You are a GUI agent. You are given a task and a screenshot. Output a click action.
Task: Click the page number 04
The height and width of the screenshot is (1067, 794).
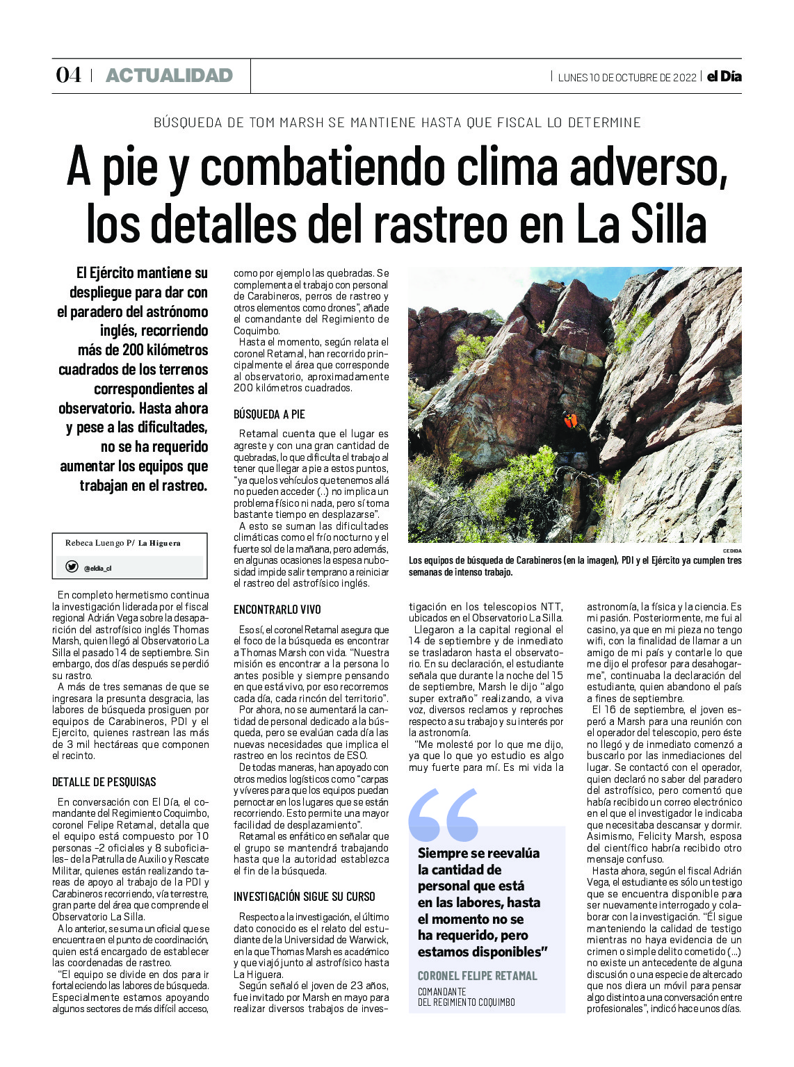click(x=68, y=75)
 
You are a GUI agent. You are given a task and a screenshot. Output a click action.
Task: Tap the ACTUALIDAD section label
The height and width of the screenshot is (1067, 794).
click(x=169, y=76)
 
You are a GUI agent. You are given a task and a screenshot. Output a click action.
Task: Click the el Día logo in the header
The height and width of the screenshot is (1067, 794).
click(x=724, y=76)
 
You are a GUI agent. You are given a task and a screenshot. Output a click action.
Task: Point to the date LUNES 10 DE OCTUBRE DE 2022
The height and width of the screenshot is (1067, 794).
click(x=626, y=77)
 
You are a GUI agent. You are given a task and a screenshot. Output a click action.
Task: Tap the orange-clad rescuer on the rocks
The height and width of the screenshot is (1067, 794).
click(x=571, y=420)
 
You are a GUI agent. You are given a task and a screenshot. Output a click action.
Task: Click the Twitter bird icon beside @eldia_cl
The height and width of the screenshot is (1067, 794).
click(x=71, y=567)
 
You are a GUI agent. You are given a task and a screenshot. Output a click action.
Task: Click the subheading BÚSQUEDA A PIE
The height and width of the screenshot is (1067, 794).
click(x=269, y=414)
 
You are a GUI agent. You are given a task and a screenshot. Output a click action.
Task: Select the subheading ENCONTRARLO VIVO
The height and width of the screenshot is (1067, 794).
click(x=277, y=610)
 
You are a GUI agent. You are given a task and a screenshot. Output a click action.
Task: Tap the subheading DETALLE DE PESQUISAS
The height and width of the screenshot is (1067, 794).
click(x=104, y=782)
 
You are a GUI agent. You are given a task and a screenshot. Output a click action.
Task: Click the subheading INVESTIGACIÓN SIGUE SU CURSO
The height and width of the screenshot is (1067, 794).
click(x=304, y=897)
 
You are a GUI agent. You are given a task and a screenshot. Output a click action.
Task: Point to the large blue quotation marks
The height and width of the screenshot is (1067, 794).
click(x=443, y=815)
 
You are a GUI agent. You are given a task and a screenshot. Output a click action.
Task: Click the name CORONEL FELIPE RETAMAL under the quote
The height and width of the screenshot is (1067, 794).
click(x=477, y=976)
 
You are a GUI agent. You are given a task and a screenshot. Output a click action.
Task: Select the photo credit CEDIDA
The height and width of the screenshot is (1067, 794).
click(x=731, y=550)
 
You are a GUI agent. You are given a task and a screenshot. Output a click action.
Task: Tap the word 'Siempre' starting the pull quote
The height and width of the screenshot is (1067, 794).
click(x=443, y=853)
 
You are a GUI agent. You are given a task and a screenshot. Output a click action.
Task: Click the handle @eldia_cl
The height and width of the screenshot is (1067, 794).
click(x=97, y=568)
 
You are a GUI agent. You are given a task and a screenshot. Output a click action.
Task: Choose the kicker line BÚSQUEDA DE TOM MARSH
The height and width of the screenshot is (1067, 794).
click(x=396, y=123)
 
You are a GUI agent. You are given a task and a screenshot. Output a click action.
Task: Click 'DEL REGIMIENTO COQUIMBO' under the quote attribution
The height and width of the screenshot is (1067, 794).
click(x=466, y=1002)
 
